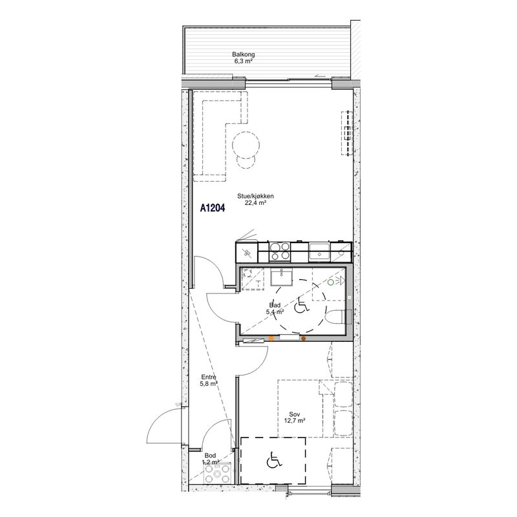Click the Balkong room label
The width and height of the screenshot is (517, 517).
[244, 55]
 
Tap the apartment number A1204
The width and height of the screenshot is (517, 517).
[213, 208]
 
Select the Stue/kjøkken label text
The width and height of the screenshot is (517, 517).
[255, 196]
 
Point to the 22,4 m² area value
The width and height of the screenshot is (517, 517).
[255, 203]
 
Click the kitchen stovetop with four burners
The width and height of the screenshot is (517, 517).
[280, 251]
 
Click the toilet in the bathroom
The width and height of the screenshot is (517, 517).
[335, 317]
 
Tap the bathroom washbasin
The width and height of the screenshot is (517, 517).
[281, 277]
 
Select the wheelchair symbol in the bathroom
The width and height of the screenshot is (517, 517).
[301, 306]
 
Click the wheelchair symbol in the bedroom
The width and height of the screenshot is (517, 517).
[274, 460]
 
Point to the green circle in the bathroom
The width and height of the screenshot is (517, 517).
[330, 282]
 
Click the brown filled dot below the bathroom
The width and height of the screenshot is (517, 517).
[303, 338]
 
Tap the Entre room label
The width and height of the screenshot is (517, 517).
[209, 377]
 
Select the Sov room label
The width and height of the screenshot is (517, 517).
[295, 414]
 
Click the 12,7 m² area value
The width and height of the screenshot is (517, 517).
[295, 421]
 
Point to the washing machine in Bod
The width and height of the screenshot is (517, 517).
[217, 474]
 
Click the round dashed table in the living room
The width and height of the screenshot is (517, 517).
[246, 145]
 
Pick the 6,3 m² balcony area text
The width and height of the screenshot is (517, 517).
[244, 61]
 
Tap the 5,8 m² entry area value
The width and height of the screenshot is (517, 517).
[209, 384]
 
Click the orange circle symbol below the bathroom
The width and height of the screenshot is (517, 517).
[271, 338]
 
